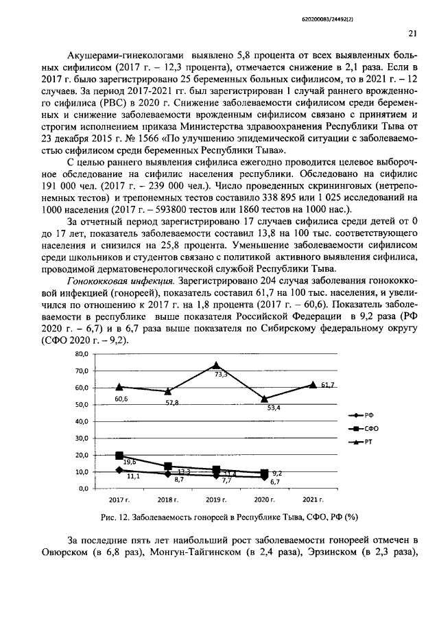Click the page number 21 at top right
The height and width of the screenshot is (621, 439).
pyautogui.click(x=413, y=32)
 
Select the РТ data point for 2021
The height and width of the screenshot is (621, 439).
pyautogui.click(x=313, y=385)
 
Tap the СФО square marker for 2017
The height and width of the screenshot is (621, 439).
pyautogui.click(x=119, y=456)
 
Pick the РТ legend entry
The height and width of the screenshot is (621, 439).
pyautogui.click(x=361, y=442)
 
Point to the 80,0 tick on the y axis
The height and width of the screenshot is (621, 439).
pyautogui.click(x=82, y=354)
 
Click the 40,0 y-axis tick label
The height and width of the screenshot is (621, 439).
pyautogui.click(x=82, y=421)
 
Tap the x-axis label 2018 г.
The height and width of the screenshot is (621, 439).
pyautogui.click(x=168, y=500)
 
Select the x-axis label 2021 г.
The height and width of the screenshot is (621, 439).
pyautogui.click(x=313, y=500)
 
